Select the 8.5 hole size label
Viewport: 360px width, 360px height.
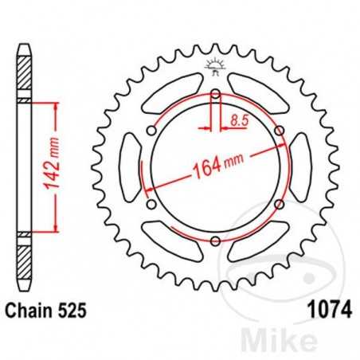coord(237,121)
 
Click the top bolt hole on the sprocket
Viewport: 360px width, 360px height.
coord(216,97)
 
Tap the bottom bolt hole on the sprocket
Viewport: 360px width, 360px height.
coord(216,241)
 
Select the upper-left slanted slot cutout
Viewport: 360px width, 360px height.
coord(171,88)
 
